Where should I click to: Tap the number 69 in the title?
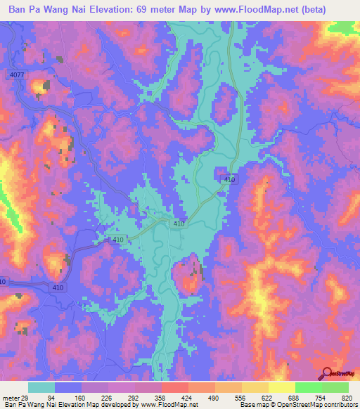pos(156,9)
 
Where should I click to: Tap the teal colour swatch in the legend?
pos(41,388)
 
